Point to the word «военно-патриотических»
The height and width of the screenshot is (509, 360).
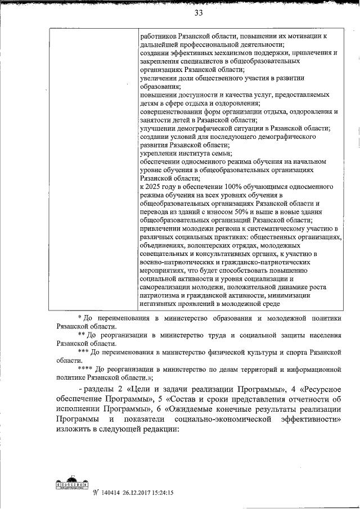175,262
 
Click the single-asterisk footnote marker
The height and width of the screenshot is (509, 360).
79,318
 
